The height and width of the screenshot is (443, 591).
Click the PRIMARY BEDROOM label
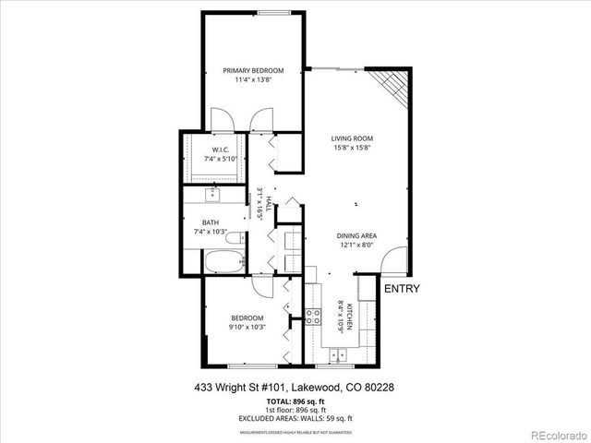pos(252,71)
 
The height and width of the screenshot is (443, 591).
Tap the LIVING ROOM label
pos(352,139)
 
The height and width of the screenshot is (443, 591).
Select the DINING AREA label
pos(356,235)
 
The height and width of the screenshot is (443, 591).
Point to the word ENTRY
pos(402,289)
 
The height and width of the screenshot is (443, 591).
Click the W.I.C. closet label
pos(220,150)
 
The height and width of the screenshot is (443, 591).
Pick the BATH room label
pos(211,221)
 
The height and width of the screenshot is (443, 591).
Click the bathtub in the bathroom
pos(223,262)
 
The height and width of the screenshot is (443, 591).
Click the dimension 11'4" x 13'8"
pos(252,80)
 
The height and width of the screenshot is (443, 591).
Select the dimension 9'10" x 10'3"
pos(247,327)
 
